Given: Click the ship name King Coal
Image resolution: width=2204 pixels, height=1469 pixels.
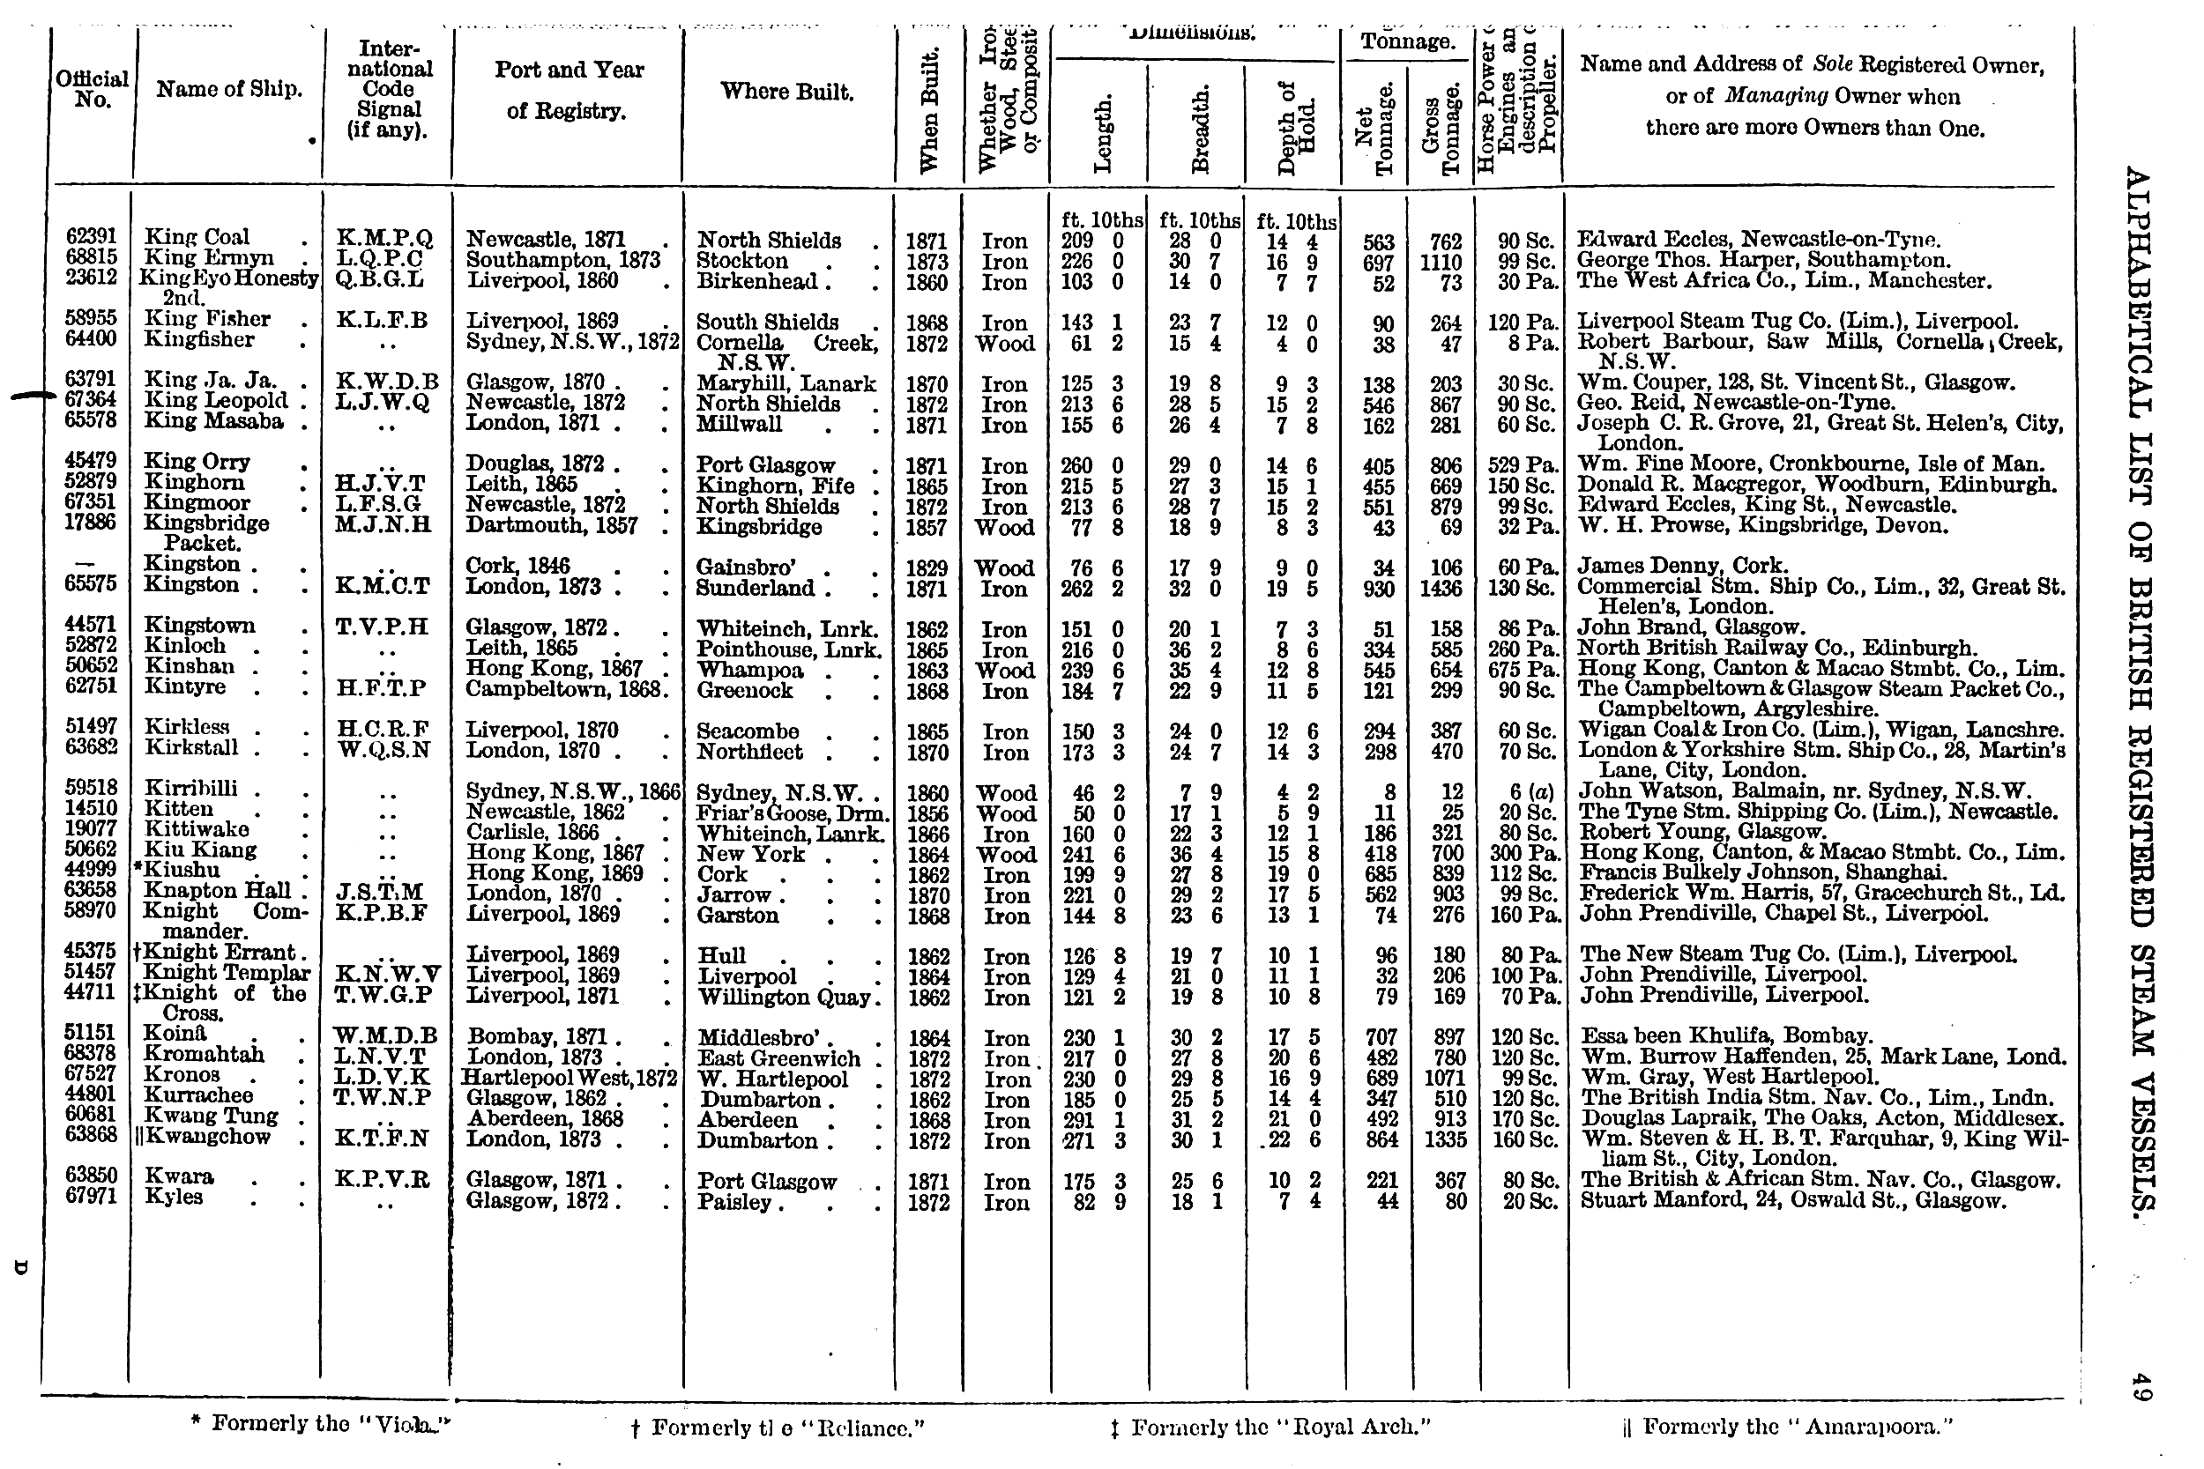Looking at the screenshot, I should coord(197,237).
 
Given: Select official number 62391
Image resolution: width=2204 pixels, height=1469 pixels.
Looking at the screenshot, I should coord(92,237).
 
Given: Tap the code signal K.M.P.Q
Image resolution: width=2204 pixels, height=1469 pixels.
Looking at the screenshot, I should coord(385,239).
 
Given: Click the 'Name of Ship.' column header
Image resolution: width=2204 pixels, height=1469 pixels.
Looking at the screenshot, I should coord(228,90).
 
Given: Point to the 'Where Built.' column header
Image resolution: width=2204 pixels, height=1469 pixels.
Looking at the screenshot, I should coord(787,92).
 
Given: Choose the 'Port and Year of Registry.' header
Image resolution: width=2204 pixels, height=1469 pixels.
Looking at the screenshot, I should coord(568,90).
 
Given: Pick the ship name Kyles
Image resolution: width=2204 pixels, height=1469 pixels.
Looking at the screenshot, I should coord(174,1197).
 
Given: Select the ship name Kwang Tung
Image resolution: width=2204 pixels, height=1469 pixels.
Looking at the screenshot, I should coord(211,1116).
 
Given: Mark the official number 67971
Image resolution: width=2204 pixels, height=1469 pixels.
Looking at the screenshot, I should coord(92,1197).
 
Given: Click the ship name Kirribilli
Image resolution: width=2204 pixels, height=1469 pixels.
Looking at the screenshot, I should coord(190,789).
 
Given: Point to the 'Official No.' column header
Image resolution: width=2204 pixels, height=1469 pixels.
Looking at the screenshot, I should coord(92,89).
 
